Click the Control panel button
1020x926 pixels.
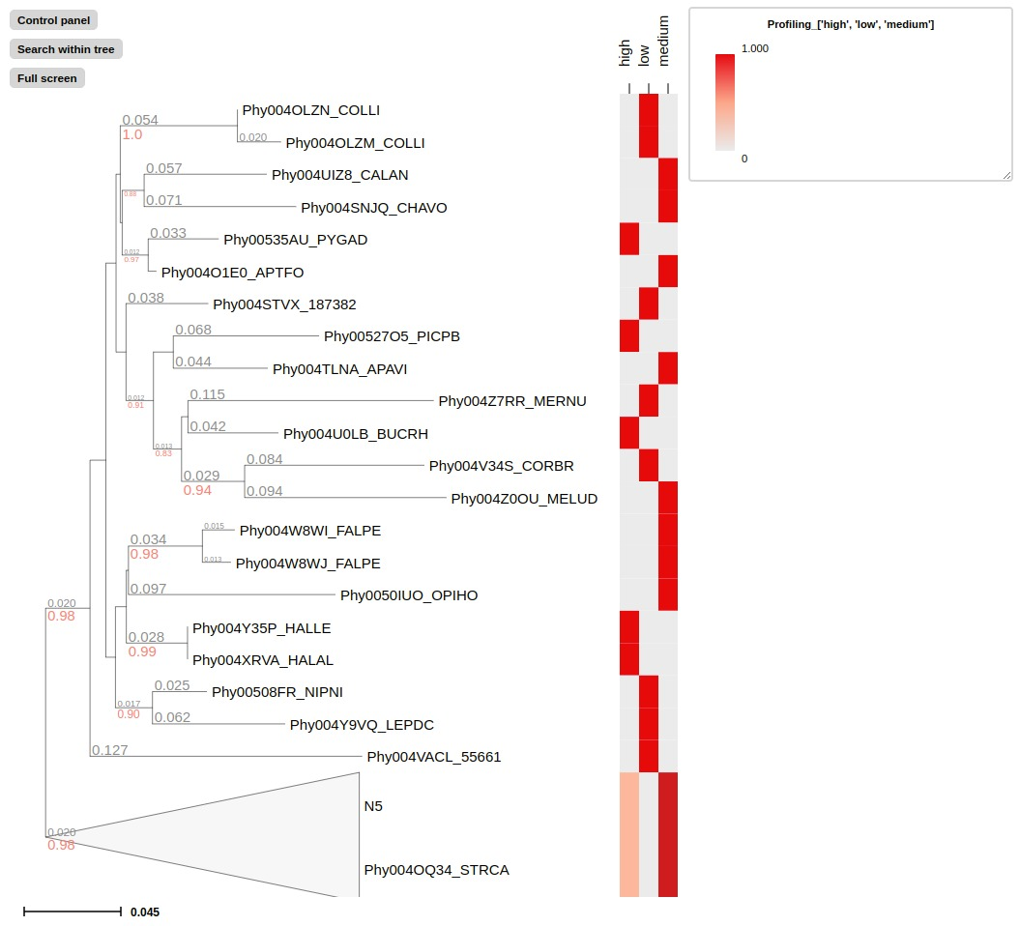[53, 20]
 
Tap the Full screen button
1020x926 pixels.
[47, 78]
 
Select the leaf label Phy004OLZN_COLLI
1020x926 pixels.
[304, 110]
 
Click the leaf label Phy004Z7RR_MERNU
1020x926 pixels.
[512, 401]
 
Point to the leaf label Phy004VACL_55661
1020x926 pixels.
[434, 757]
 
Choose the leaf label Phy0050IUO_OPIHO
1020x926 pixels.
[409, 595]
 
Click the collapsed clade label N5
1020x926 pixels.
[373, 805]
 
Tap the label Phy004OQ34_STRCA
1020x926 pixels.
[436, 870]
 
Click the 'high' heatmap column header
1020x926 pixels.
[626, 53]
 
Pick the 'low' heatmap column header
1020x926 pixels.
[645, 56]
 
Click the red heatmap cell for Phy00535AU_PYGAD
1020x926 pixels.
[629, 239]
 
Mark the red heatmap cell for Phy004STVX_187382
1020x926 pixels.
[649, 304]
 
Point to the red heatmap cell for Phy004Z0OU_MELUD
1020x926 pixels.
[668, 498]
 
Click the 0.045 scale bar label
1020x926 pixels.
[145, 912]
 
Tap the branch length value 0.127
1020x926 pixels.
[109, 749]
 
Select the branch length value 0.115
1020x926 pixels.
[207, 394]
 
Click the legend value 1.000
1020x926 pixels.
[754, 48]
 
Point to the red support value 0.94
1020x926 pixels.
[197, 490]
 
